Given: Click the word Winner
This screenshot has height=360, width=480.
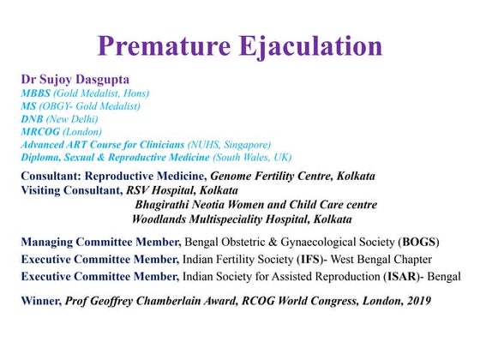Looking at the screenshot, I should coord(40,301).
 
